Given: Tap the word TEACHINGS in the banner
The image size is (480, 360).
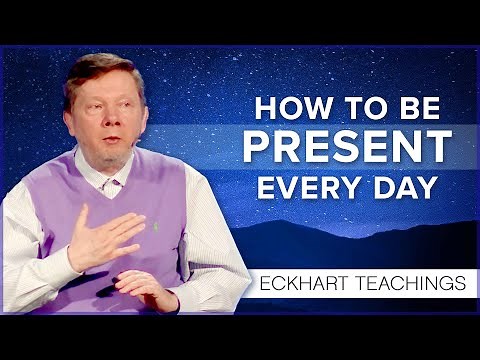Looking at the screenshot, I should click(410, 283).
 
